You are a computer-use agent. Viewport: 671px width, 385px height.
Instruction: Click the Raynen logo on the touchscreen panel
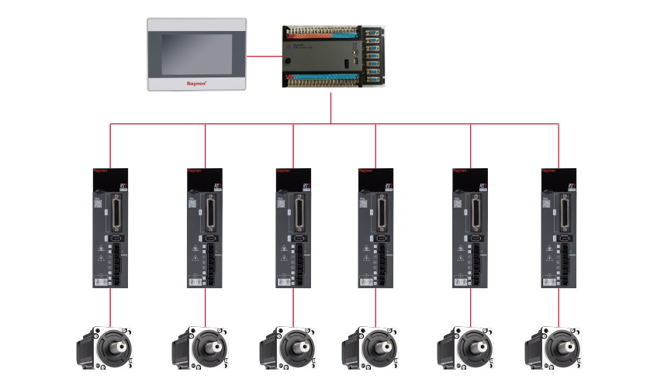tap(196, 81)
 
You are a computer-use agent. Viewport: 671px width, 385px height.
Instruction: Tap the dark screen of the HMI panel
tap(196, 52)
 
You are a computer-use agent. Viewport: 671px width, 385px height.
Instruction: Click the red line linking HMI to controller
tap(265, 56)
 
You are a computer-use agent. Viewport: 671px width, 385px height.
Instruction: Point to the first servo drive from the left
tap(110, 228)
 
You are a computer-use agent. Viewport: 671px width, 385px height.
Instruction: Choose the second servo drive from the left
tap(205, 228)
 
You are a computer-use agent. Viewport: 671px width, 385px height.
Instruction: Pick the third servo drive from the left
tap(293, 228)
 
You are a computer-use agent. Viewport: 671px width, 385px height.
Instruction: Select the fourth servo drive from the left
tap(375, 228)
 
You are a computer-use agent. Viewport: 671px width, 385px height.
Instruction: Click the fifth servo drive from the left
tap(470, 228)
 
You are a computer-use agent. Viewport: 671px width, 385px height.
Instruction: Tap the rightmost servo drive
tap(559, 228)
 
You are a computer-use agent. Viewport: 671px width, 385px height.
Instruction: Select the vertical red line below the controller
tap(331, 108)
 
